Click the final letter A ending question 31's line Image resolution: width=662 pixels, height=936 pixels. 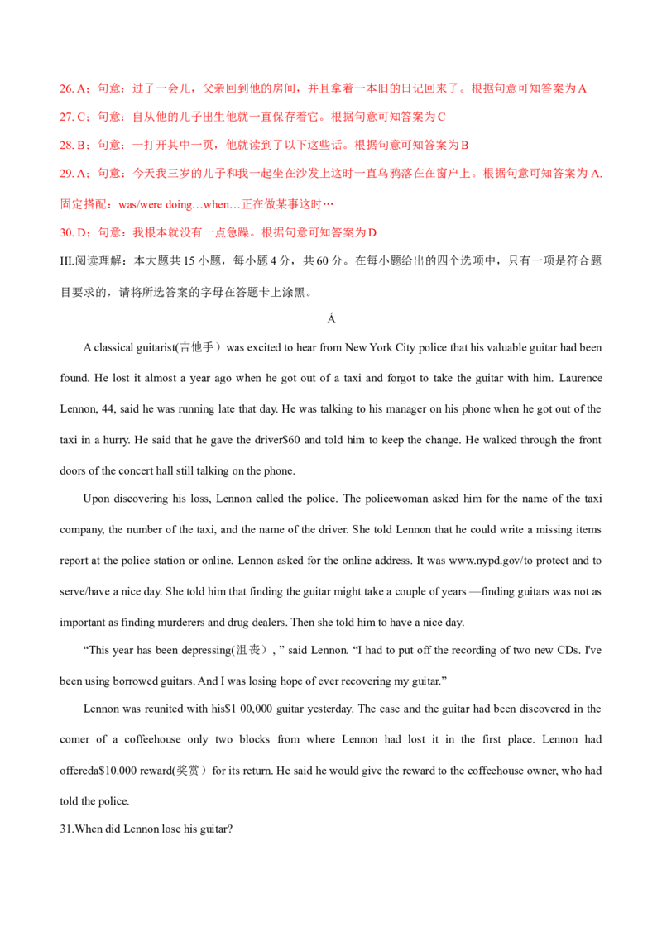pyautogui.click(x=583, y=87)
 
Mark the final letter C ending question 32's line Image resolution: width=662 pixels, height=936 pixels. pyautogui.click(x=444, y=117)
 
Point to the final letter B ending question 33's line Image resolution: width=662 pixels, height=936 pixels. pyautogui.click(x=466, y=146)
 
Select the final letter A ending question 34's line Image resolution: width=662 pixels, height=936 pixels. pyautogui.click(x=597, y=174)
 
